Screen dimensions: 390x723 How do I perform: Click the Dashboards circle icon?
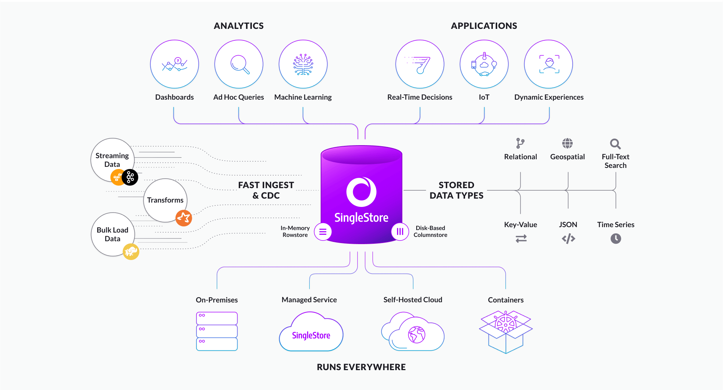tap(175, 64)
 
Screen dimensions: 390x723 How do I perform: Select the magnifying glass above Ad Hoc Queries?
tap(240, 64)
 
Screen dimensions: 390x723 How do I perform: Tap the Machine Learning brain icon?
tap(303, 64)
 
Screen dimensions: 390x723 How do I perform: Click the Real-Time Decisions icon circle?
tap(419, 64)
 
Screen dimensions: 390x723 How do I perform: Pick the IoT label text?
tap(484, 97)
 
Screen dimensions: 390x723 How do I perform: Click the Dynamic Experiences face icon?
tap(549, 64)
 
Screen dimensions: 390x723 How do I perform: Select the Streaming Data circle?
tap(112, 159)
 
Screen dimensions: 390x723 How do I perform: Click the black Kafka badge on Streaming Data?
tap(130, 177)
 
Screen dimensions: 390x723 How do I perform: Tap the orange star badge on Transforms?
tap(184, 218)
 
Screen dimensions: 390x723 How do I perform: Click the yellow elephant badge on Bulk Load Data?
tap(131, 251)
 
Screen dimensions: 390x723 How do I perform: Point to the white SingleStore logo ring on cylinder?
tap(361, 192)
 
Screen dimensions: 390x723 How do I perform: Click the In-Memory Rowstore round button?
tap(323, 231)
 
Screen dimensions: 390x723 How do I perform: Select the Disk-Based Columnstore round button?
tap(400, 231)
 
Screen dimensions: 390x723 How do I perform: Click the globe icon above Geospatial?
tap(567, 143)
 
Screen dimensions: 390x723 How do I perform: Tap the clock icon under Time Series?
tap(616, 238)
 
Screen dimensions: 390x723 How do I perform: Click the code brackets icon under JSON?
tap(568, 238)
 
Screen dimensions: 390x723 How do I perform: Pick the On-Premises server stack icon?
tap(217, 331)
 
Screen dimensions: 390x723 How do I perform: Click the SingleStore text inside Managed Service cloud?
tap(311, 335)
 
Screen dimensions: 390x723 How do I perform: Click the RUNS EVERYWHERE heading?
tap(361, 367)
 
